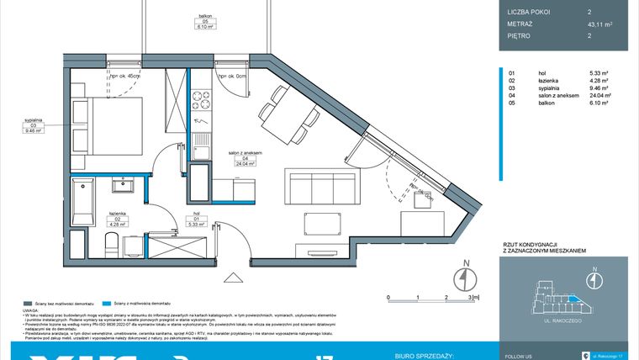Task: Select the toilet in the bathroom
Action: tap(110, 244)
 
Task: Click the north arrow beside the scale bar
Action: tap(460, 277)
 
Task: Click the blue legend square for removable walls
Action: tap(105, 302)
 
